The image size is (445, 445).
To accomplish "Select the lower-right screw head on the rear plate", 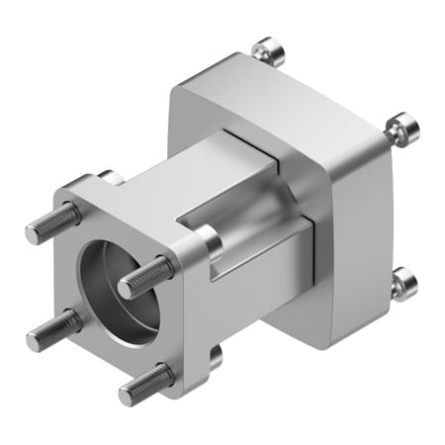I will pos(402,284).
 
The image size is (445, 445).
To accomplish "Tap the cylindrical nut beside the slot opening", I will pos(209,240).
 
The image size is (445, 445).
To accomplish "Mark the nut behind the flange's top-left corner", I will pos(112,179).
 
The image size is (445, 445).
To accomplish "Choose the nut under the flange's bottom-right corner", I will pos(215,356).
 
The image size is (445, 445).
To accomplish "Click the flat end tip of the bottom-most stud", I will pos(127,395).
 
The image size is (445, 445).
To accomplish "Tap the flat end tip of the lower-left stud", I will pos(33,340).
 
